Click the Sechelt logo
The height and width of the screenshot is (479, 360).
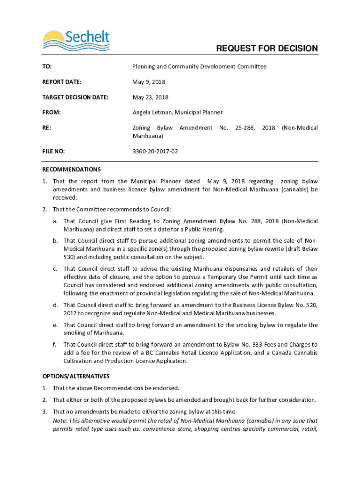point(76,40)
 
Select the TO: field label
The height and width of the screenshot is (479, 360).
point(47,66)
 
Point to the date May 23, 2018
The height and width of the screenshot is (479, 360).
point(151,97)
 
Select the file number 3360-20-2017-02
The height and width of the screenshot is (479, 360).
point(155,151)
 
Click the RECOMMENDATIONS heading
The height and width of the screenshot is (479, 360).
point(71,169)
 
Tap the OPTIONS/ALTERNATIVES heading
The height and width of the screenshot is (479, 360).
point(76,376)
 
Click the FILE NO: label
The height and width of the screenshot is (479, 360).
point(53,151)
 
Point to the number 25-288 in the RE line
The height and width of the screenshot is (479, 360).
point(244,128)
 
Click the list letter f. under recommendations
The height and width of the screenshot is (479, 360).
point(55,345)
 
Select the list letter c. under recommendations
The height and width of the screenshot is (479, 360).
point(55,269)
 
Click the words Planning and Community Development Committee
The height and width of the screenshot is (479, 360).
point(199,66)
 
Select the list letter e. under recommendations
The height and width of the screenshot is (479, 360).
point(55,325)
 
